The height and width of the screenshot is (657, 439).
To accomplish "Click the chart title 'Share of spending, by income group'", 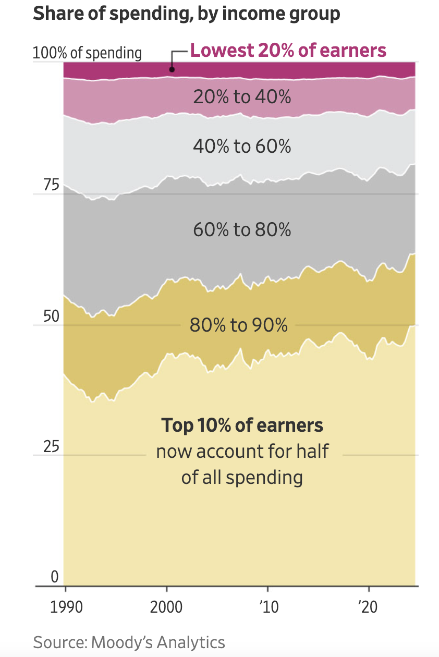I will pos(186,14).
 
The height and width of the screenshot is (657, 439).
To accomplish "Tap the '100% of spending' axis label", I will pos(87,53).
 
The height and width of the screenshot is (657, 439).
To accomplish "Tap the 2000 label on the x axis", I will pos(167,607).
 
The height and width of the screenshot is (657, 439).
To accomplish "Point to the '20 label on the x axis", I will pos(369,607).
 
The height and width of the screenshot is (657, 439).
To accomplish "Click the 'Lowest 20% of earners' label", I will pos(288,51).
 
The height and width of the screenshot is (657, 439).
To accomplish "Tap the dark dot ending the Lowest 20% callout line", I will pos(172,69).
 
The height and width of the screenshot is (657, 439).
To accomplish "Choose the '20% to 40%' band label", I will pos(242,96).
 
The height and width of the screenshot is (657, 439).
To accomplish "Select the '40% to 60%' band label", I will pos(242,147).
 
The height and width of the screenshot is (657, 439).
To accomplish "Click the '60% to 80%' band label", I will pos(242,229).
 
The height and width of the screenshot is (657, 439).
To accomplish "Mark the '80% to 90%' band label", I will pos(239,325).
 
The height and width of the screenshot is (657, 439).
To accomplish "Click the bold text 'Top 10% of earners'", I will pos(242,425).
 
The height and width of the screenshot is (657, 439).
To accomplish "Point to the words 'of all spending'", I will pos(242,477).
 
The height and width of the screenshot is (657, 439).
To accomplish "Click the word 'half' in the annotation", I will pos(312,451).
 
